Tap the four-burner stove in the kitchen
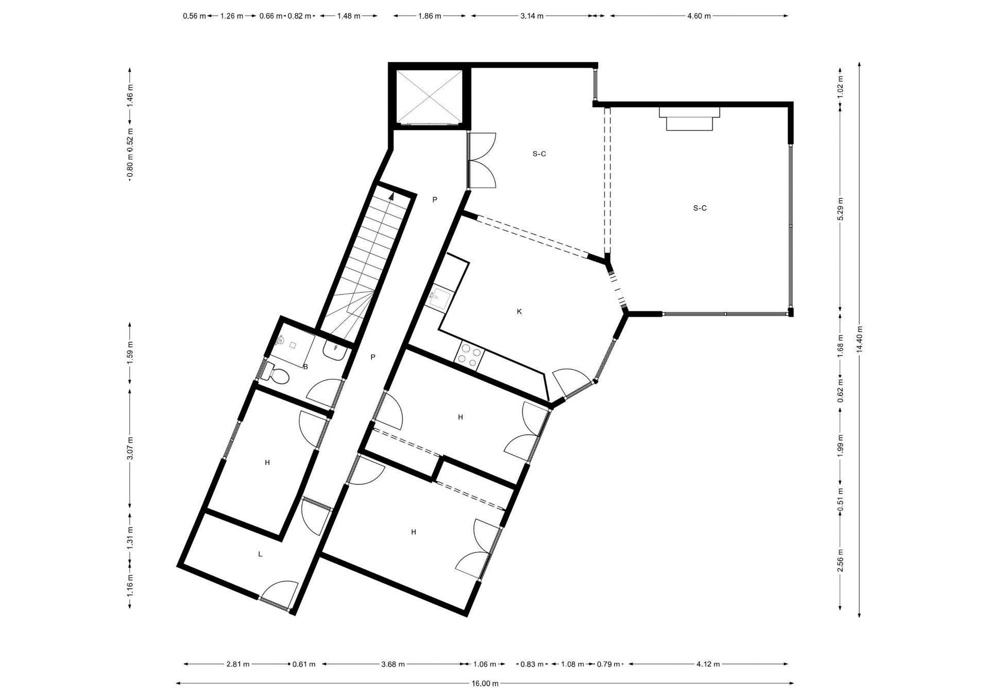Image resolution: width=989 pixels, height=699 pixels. click(470, 354)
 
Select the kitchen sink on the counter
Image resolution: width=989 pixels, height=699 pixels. click(439, 299)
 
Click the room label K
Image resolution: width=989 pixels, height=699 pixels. click(519, 311)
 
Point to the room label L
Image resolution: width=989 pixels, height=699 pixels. click(260, 554)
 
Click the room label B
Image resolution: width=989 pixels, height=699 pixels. click(305, 367)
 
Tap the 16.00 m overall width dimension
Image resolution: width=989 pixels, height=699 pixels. click(485, 684)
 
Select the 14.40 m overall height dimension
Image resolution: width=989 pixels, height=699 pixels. click(859, 339)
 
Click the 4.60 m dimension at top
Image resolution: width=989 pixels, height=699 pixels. click(699, 16)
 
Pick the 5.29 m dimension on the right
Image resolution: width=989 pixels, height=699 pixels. click(841, 208)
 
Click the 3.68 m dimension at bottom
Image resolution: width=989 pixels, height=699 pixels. click(393, 664)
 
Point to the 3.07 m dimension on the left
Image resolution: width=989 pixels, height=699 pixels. click(130, 448)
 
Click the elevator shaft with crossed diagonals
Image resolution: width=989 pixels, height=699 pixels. click(429, 97)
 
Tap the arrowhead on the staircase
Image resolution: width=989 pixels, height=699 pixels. click(392, 196)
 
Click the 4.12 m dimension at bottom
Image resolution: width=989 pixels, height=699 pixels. click(708, 664)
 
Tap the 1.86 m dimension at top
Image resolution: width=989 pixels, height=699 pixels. click(430, 16)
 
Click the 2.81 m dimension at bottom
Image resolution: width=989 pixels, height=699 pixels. click(238, 664)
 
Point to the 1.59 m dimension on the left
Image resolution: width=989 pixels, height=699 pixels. click(130, 353)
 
